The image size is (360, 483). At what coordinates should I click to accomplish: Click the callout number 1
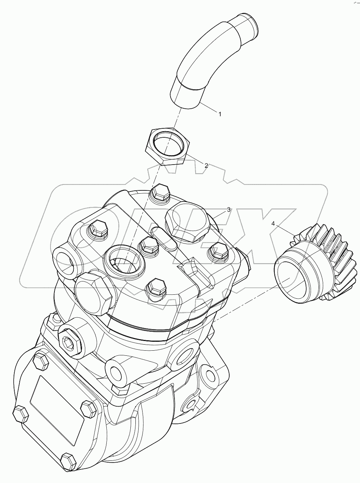point(220,114)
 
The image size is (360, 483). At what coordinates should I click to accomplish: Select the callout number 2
point(206,165)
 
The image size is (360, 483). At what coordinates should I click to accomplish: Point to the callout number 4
point(273,223)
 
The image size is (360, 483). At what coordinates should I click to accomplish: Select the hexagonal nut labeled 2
point(167,146)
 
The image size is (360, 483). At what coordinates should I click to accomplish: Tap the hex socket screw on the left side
point(68,344)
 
